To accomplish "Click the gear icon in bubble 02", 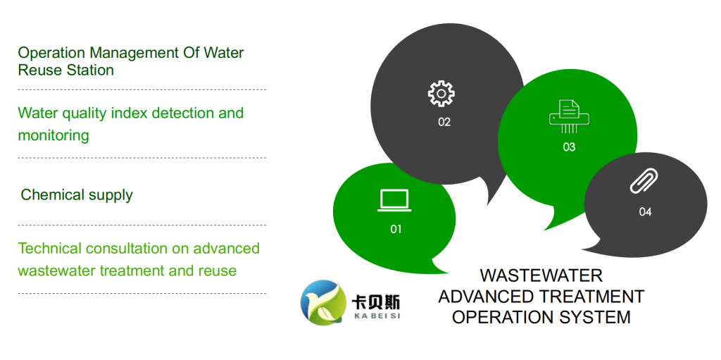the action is (441, 94).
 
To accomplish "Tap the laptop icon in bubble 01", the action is (394, 201).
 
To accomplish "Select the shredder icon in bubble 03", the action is (569, 117).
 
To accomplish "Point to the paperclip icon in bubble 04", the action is (644, 181).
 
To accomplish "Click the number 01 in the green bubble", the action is (396, 229).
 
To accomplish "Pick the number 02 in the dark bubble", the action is (444, 123).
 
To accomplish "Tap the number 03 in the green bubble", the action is (569, 147).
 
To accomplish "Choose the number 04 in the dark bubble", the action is (645, 212).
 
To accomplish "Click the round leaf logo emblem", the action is (324, 303).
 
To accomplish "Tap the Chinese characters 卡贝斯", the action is (376, 302).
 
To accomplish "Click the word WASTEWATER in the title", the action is (541, 275).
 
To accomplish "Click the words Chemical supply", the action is (77, 195).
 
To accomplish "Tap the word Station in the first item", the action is (89, 70).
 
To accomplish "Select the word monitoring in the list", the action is (54, 136).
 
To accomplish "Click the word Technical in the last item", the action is (50, 249).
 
